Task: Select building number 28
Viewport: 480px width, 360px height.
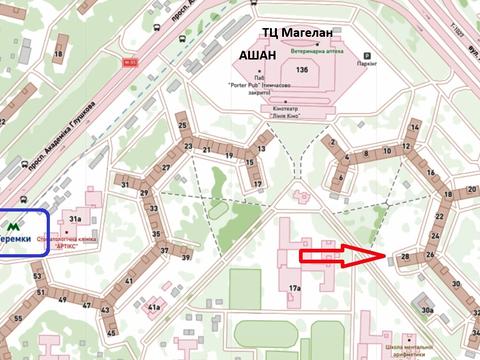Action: (404, 257)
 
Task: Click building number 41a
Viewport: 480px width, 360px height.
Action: (153, 308)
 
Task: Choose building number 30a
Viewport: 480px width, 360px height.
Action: (428, 311)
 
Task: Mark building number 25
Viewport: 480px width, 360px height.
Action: (182, 126)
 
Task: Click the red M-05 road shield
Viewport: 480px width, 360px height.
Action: (128, 62)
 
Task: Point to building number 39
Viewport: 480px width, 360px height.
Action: (186, 257)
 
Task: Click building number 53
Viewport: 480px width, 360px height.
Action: (37, 276)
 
